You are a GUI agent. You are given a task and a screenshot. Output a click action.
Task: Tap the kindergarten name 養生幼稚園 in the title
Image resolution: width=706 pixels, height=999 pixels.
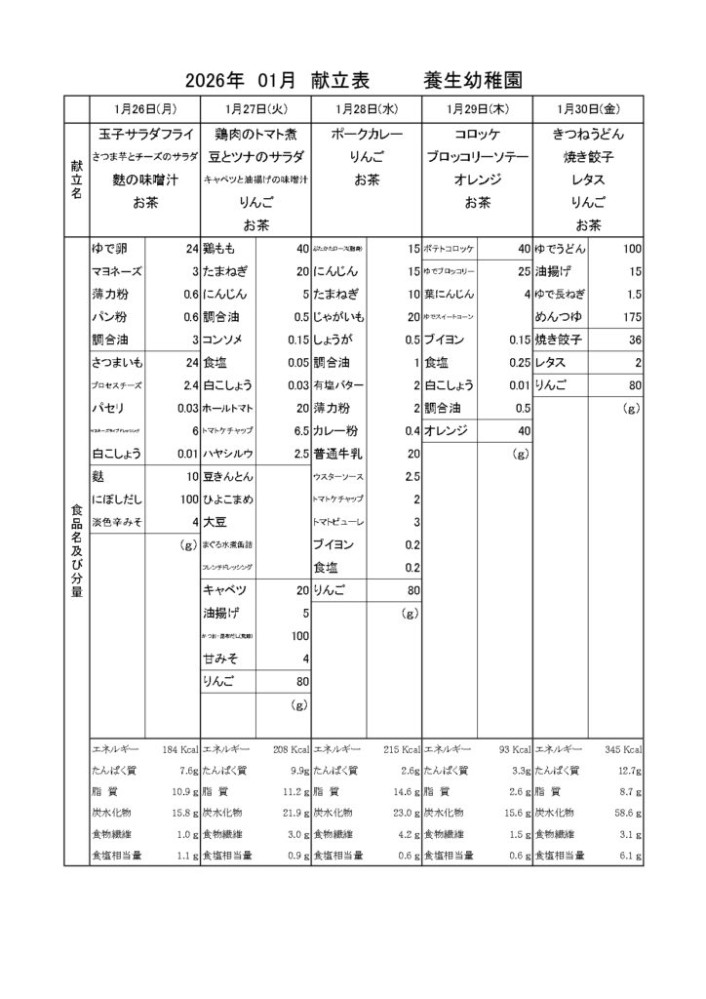(x=473, y=80)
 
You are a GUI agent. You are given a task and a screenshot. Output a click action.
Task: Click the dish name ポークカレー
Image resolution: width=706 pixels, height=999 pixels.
(x=367, y=134)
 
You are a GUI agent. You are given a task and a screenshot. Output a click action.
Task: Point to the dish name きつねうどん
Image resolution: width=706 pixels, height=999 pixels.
(x=588, y=134)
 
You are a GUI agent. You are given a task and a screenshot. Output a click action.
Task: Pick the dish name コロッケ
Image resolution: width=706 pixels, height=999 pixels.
(x=477, y=134)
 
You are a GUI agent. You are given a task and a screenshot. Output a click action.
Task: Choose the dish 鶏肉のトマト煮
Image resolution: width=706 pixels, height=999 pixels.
(x=255, y=134)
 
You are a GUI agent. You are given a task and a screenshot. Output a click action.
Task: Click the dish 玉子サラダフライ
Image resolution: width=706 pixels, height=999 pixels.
(x=144, y=134)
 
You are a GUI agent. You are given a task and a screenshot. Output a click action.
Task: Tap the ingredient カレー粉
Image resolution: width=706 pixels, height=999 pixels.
(x=335, y=430)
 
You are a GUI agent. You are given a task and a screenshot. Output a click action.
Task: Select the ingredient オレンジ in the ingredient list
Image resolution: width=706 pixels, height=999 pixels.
(x=448, y=430)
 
